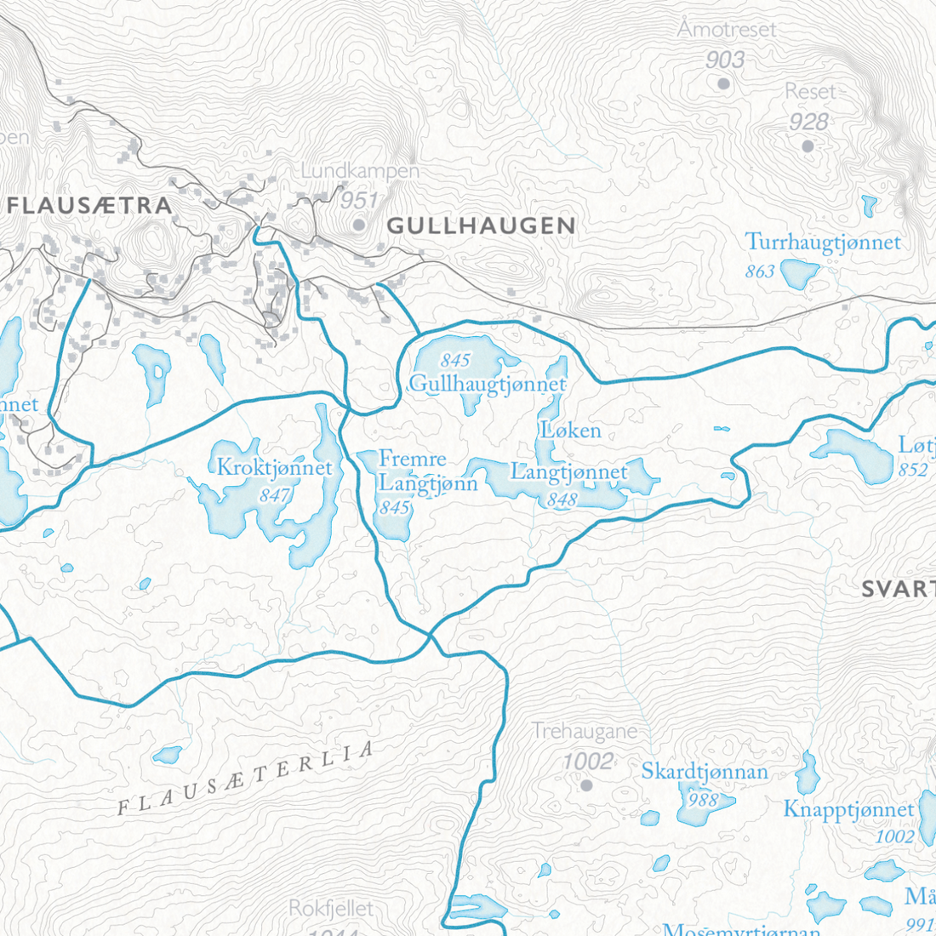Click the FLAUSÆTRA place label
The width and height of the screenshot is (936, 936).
(x=89, y=205)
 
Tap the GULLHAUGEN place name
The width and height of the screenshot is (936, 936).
(x=481, y=225)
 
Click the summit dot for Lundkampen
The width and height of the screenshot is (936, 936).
(x=359, y=225)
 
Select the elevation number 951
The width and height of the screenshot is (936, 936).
(x=358, y=201)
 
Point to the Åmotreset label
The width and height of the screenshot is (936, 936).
(x=727, y=29)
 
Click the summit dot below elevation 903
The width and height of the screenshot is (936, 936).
(x=723, y=83)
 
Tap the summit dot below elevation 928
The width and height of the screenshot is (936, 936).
(x=808, y=146)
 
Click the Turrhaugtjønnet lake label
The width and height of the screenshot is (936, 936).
(x=823, y=243)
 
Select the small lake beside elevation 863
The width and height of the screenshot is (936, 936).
(x=799, y=273)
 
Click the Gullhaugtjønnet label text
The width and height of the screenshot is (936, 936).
(x=488, y=385)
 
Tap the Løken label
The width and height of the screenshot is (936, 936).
(x=571, y=431)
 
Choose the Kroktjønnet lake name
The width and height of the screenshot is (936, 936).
(x=274, y=467)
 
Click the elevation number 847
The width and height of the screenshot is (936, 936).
(x=275, y=494)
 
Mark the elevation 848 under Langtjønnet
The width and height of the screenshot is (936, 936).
(x=562, y=499)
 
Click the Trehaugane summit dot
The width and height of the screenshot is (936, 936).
(x=585, y=785)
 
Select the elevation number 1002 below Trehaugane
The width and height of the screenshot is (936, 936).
(x=588, y=761)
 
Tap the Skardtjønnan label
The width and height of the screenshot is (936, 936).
(x=705, y=772)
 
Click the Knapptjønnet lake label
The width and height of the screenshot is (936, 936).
(x=848, y=809)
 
